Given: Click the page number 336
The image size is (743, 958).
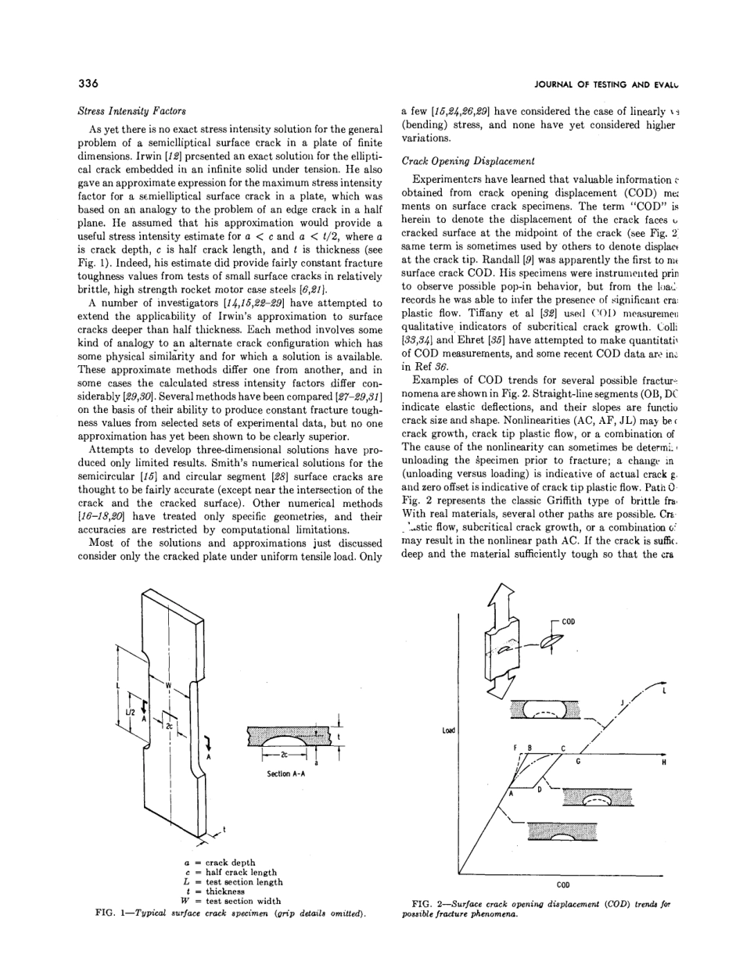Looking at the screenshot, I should coord(88,84).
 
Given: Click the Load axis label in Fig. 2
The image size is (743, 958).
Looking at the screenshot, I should coord(448,731).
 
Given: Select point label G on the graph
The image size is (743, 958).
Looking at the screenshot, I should coord(577,761).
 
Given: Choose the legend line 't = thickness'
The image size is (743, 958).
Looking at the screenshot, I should coord(215,892).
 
